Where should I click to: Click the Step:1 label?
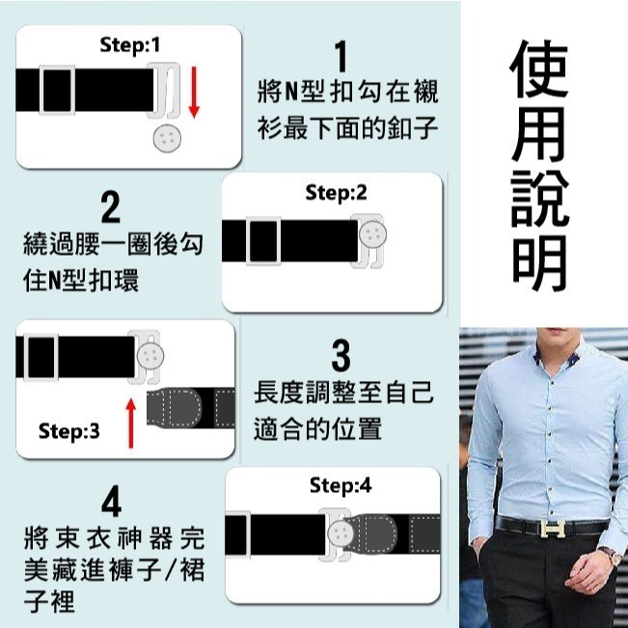click(x=132, y=44)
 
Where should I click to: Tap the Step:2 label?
click(x=336, y=192)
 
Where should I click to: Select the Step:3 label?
click(x=68, y=431)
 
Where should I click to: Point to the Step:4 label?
click(x=340, y=485)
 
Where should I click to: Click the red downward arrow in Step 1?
click(x=194, y=93)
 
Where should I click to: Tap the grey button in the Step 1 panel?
click(x=168, y=141)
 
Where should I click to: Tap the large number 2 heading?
click(x=110, y=208)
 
